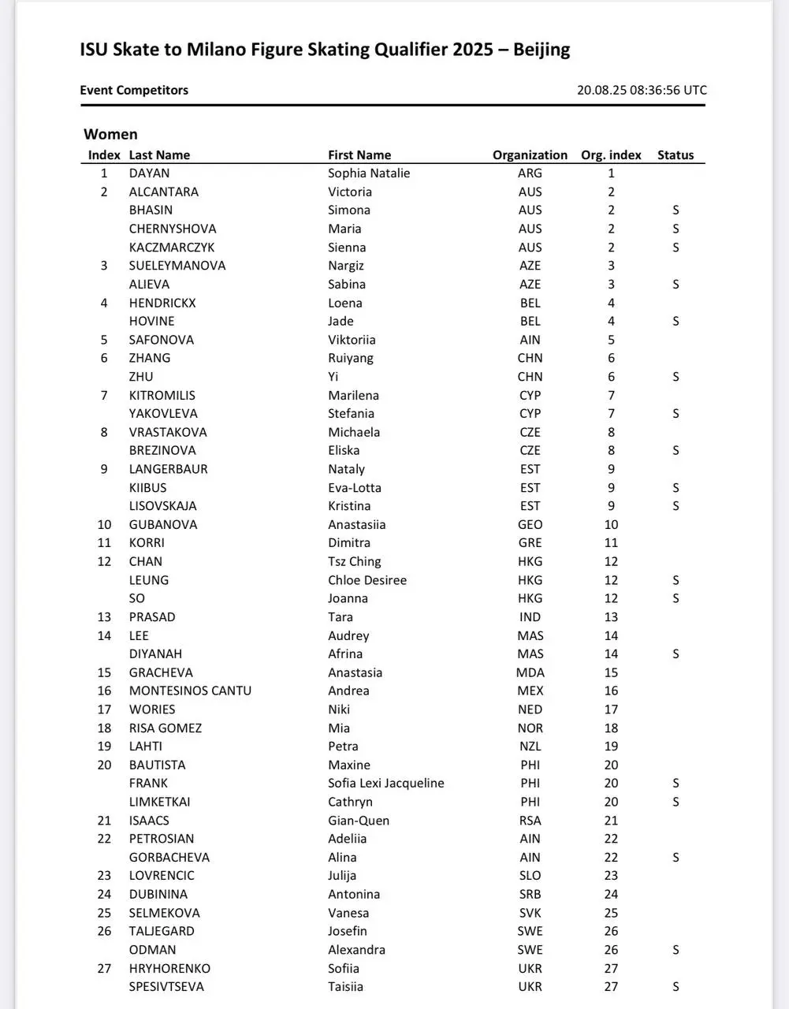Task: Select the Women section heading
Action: click(x=110, y=134)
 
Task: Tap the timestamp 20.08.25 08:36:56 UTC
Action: click(x=642, y=90)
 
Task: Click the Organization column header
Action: click(x=530, y=155)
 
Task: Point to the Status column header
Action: click(x=675, y=155)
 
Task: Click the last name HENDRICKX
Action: click(x=162, y=303)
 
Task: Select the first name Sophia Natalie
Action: click(x=369, y=173)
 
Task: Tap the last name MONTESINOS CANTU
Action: click(x=190, y=691)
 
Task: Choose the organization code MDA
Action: click(x=530, y=672)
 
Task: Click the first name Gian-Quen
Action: click(x=359, y=821)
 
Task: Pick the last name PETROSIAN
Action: click(x=162, y=839)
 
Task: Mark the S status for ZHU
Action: click(x=675, y=377)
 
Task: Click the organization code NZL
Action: click(x=530, y=747)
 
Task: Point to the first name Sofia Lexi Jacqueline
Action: click(x=385, y=784)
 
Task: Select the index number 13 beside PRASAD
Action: click(x=104, y=617)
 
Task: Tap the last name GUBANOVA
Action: click(x=163, y=525)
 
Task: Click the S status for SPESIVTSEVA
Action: click(x=675, y=987)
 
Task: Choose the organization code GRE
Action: click(x=530, y=543)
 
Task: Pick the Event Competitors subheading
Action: click(x=134, y=90)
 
